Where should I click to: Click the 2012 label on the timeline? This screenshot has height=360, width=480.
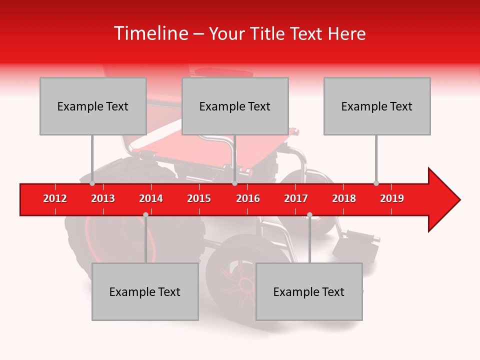[55, 198]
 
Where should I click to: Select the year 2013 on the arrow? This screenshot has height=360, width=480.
[103, 198]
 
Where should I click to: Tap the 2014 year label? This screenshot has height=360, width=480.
[151, 198]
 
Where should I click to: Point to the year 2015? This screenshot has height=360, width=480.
[199, 198]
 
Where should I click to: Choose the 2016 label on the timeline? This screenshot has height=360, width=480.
[248, 198]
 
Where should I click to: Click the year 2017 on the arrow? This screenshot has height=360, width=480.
[296, 198]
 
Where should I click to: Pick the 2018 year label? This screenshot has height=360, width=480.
[344, 198]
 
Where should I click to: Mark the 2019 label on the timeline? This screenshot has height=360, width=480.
[392, 198]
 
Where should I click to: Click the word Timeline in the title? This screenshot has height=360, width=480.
[150, 33]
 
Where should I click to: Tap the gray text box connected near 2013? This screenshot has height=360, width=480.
[93, 106]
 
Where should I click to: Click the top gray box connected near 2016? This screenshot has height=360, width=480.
[235, 106]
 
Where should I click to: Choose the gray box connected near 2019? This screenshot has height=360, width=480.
[377, 106]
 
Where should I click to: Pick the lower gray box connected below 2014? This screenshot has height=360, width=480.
[145, 291]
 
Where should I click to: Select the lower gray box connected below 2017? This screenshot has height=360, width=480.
[309, 291]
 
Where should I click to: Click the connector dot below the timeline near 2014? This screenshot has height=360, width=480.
[145, 214]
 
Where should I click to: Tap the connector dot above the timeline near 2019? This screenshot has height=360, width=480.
[376, 183]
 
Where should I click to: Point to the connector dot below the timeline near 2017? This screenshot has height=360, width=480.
[309, 214]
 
